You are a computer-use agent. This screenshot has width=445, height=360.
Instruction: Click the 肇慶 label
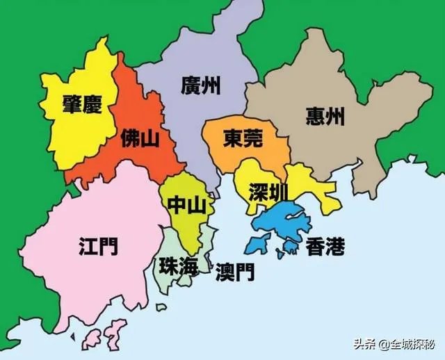pos(81,106)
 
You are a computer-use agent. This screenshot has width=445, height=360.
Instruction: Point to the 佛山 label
pos(140,138)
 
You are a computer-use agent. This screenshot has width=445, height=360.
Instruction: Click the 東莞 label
pos(243,140)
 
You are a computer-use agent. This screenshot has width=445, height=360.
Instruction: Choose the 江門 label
pos(98,245)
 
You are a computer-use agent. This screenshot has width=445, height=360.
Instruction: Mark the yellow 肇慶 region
pos(70,132)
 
